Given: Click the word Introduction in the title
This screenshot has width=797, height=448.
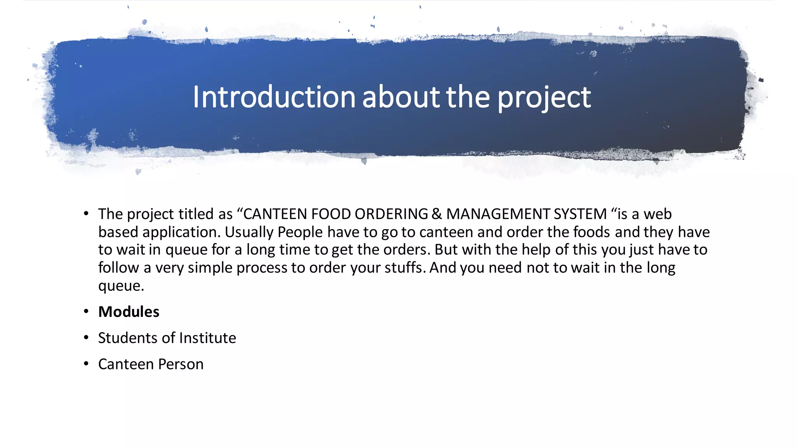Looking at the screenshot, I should [274, 97].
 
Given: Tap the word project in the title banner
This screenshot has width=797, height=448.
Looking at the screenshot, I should [544, 98].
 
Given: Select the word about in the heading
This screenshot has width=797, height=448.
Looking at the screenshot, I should [401, 97].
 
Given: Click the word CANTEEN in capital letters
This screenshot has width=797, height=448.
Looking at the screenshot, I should [275, 214].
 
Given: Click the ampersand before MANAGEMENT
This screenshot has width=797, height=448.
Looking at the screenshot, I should [437, 214].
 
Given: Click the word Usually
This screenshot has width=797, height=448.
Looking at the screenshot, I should [249, 232].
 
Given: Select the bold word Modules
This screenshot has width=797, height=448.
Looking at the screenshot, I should [129, 312].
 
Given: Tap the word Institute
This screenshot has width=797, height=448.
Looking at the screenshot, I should [207, 338].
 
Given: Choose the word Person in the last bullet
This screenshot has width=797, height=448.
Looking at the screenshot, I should [181, 364].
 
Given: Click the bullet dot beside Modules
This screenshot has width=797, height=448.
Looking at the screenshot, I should [86, 311].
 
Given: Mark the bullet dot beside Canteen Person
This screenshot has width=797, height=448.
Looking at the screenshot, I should [86, 364].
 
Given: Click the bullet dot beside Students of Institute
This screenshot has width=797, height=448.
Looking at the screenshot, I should [86, 338].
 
